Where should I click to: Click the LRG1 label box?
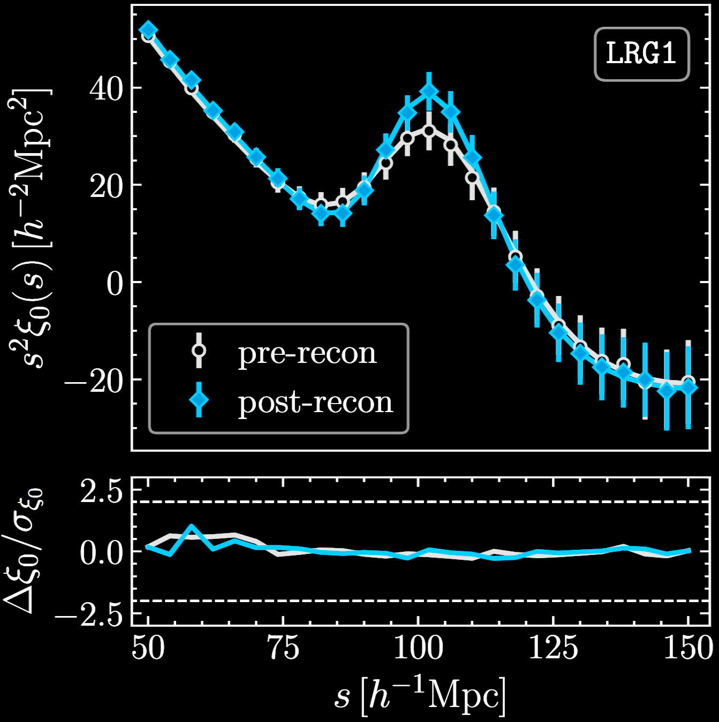coord(641,54)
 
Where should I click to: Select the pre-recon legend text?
coord(307,353)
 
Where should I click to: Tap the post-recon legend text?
coord(315,402)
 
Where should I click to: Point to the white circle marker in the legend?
coord(199,351)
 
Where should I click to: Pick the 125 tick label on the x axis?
coord(554,649)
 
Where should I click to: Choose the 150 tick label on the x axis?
coord(689,649)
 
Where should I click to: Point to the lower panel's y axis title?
coord(25,551)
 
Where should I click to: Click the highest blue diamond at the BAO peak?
coord(429,92)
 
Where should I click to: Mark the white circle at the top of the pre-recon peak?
coord(429,131)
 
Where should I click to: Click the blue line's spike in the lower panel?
coord(191,527)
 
